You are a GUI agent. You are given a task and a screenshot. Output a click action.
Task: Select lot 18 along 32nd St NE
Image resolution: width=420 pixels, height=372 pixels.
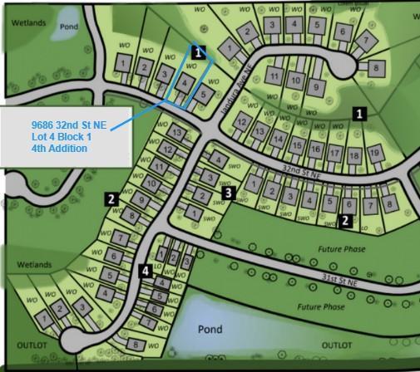click(354, 155)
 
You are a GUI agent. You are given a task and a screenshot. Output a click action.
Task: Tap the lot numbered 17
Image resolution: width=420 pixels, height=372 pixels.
click(334, 153)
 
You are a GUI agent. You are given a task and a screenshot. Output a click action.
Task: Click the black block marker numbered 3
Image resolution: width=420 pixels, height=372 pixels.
click(228, 193)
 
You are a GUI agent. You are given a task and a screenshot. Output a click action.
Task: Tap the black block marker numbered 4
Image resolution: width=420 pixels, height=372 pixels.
click(146, 270)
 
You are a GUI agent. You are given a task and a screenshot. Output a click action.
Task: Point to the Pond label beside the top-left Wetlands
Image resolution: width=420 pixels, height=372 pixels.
click(70, 26)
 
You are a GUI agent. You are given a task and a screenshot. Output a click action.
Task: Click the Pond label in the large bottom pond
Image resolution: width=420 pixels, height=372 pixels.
click(210, 330)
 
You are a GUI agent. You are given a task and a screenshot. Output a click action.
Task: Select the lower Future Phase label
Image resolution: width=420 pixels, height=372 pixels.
click(321, 307)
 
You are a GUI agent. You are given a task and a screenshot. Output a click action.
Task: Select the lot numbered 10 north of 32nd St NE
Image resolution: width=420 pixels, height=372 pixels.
click(295, 80)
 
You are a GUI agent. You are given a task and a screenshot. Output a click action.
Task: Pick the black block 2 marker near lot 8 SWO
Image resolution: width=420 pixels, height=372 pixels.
click(345, 221)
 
